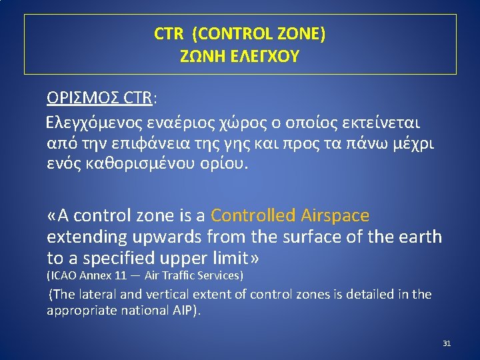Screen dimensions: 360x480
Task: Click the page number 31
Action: pos(447,343)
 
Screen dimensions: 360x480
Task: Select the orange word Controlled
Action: pos(253,215)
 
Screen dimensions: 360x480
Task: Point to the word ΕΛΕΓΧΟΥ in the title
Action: pos(266,56)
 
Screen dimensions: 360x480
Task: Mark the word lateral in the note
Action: pos(100,294)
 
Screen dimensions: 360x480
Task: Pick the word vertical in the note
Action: pos(167,294)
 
